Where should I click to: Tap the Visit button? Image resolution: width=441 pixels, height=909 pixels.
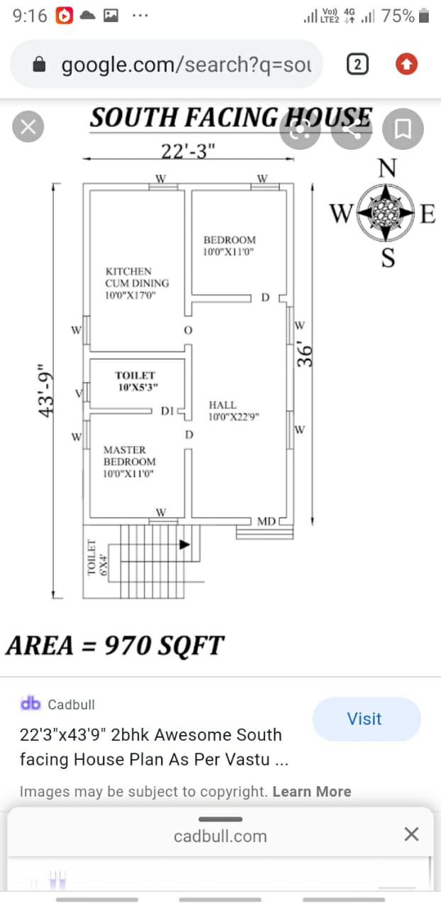point(367,719)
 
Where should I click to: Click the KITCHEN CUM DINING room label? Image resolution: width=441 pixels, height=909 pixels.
point(137,283)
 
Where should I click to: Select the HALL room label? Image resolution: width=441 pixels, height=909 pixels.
point(234,410)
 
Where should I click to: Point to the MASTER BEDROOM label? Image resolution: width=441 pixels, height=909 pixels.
point(129,462)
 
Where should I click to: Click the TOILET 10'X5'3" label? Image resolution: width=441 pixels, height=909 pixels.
point(137,381)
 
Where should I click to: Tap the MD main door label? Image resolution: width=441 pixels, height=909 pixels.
point(267,521)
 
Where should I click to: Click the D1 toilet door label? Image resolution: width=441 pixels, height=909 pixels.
point(167,411)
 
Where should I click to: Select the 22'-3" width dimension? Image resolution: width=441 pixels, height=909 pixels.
point(188,151)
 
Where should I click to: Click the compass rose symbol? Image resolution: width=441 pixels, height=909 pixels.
point(386,212)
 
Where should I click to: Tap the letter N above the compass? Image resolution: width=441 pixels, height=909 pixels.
point(387,168)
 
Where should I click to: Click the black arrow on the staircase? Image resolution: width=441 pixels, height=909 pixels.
point(184,544)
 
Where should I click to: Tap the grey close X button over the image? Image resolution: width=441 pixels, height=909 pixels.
point(28,126)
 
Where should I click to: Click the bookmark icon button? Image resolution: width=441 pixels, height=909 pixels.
point(403,129)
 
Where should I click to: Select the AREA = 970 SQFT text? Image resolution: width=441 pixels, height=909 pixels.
point(115,646)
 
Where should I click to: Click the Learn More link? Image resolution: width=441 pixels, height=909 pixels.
point(312,791)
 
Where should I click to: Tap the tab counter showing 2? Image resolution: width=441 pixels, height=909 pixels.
point(357,64)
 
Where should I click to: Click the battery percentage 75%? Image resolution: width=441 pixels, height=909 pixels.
point(398,16)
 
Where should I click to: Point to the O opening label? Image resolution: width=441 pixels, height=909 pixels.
point(188,330)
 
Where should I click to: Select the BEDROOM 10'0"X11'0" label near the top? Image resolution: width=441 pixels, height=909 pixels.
point(230,246)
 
